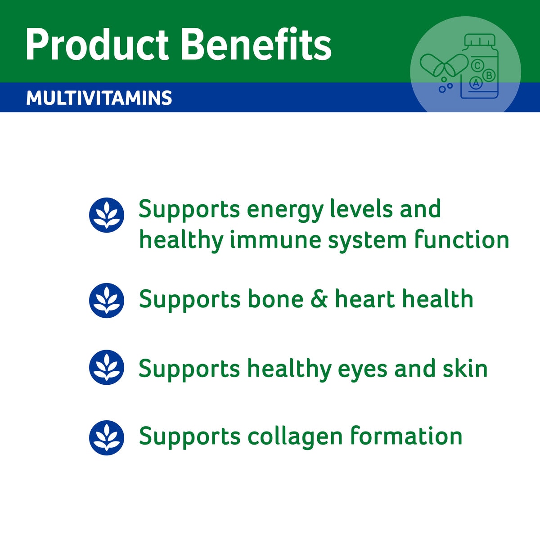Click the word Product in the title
point(97,45)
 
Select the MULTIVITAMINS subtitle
point(99,98)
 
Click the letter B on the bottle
point(489,75)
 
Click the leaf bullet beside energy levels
point(107,215)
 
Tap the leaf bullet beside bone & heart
point(107,300)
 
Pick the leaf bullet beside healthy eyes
point(107,367)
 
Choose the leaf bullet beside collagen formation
point(107,437)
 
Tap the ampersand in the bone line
point(319,300)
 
